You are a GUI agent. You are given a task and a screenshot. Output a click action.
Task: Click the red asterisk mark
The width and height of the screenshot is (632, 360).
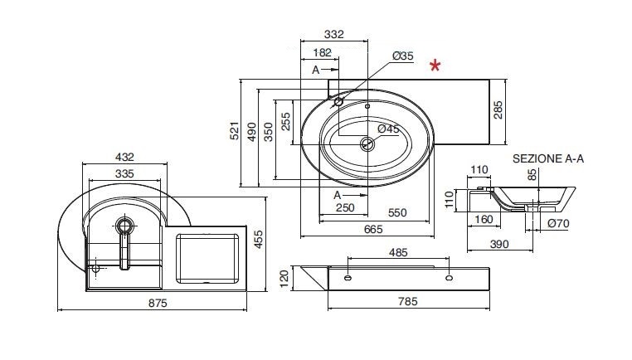pos(435,65)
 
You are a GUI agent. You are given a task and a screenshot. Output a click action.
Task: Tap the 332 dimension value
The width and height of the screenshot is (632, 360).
pos(334,34)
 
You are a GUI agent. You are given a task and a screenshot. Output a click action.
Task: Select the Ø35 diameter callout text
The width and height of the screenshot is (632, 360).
pos(403,56)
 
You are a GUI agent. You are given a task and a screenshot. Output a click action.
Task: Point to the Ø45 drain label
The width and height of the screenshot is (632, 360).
pos(388,129)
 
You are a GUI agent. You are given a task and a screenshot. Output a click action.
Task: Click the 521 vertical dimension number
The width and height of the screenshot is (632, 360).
pos(235,130)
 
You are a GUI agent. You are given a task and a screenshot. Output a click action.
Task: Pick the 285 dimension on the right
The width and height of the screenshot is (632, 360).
pos(498,110)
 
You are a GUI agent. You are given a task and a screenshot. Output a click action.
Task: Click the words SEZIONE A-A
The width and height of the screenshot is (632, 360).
pos(548,158)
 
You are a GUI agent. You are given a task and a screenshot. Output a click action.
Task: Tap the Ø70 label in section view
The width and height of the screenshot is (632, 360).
pos(558,223)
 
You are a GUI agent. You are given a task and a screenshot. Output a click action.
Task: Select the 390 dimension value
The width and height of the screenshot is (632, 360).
pos(499,244)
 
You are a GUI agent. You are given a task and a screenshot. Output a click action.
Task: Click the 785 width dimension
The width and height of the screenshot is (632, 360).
pos(408,301)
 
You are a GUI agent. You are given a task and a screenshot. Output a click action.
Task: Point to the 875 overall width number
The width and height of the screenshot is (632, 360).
pos(158,303)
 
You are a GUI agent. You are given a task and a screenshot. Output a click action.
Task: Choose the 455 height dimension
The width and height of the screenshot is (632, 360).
pos(259,239)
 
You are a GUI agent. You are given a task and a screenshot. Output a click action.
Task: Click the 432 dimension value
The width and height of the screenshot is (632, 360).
pos(124,157)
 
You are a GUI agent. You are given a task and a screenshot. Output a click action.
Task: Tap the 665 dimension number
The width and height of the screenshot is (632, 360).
pos(373,229)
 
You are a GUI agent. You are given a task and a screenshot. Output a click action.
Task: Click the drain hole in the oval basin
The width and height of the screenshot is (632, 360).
pos(367,144)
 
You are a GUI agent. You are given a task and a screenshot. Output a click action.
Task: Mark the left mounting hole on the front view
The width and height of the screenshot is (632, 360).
pos(348,278)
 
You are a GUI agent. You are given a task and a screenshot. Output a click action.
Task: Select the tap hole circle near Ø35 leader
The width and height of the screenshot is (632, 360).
pos(338,102)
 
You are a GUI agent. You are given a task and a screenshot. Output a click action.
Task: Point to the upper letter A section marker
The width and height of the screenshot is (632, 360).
pos(316,70)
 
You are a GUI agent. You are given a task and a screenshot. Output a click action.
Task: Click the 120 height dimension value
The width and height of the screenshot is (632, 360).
pos(284,279)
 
